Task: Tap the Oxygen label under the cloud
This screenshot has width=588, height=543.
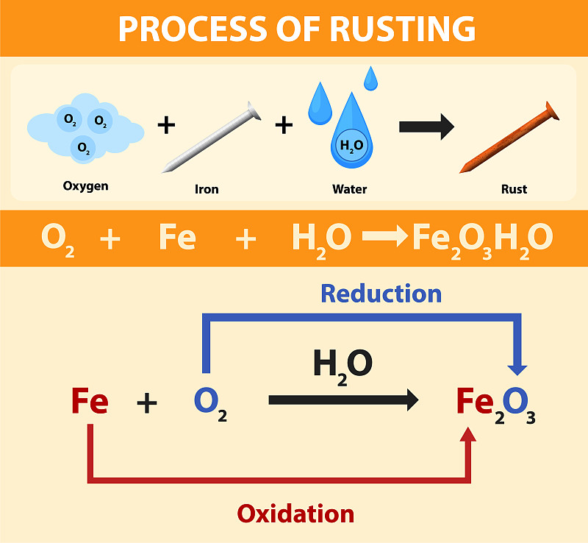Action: (x=85, y=185)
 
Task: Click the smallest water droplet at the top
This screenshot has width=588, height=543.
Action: (x=371, y=77)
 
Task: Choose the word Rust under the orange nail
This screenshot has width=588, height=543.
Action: (x=514, y=189)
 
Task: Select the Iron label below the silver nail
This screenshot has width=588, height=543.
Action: (x=207, y=189)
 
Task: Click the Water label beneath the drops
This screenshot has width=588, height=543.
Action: (x=349, y=189)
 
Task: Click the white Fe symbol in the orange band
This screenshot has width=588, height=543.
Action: (x=177, y=238)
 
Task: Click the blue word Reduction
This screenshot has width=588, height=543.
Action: (x=381, y=294)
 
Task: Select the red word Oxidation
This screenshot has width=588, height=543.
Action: (x=295, y=513)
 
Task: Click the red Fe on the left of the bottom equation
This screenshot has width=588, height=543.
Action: (x=90, y=402)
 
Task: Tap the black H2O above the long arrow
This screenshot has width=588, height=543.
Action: (x=343, y=365)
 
